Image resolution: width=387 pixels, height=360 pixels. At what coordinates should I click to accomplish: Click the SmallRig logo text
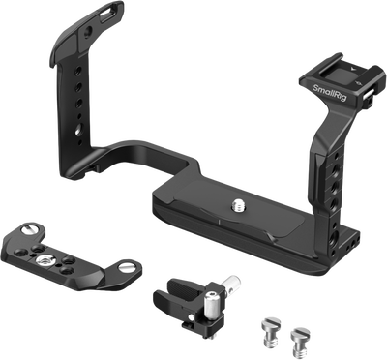tap(330, 92)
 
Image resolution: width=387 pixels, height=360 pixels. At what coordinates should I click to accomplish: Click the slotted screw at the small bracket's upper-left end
tap(28, 230)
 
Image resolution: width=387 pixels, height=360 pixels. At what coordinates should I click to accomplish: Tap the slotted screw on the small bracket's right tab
tap(126, 266)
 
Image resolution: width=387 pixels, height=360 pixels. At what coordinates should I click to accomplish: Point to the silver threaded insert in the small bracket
tap(43, 259)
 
